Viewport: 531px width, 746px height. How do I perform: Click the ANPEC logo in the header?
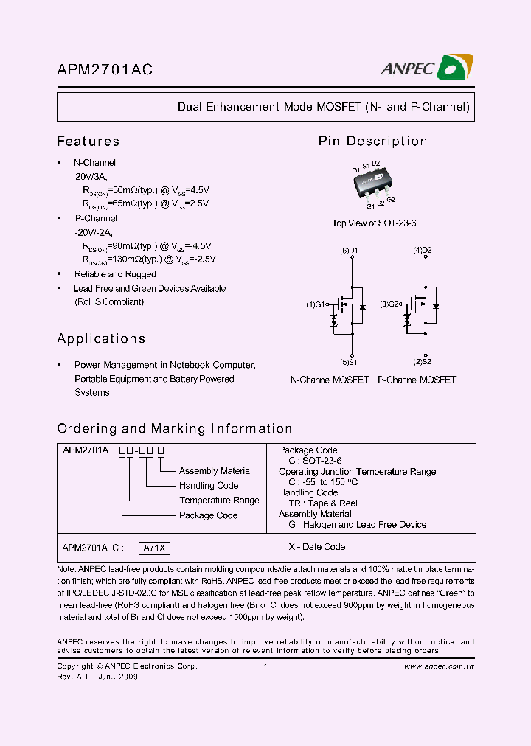pyautogui.click(x=427, y=69)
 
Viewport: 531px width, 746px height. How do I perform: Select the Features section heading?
pyautogui.click(x=88, y=142)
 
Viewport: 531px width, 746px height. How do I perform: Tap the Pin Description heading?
pyautogui.click(x=372, y=142)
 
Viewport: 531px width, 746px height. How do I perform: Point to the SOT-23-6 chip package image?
pyautogui.click(x=372, y=184)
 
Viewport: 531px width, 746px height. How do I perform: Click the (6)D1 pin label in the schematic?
pyautogui.click(x=349, y=251)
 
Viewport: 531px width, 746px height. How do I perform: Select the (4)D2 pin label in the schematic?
pyautogui.click(x=422, y=251)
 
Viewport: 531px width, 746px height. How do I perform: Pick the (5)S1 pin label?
pyautogui.click(x=349, y=362)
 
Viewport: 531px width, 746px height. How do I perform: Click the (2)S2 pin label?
pyautogui.click(x=422, y=362)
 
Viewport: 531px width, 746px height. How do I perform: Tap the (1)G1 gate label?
pyautogui.click(x=316, y=304)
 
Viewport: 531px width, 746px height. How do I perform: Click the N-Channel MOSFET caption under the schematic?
pyautogui.click(x=330, y=380)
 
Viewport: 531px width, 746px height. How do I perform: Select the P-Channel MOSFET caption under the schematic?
pyautogui.click(x=417, y=380)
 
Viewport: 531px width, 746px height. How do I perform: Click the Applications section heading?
pyautogui.click(x=101, y=339)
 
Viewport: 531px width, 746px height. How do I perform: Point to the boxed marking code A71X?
pyautogui.click(x=155, y=548)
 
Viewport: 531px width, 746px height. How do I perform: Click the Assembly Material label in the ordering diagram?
pyautogui.click(x=215, y=471)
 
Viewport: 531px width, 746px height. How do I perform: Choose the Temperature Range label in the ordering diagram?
pyautogui.click(x=219, y=501)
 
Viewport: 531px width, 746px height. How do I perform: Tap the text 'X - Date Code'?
pyautogui.click(x=316, y=547)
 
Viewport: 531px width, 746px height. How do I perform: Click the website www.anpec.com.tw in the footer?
pyautogui.click(x=439, y=666)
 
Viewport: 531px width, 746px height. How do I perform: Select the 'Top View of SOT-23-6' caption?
pyautogui.click(x=374, y=223)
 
